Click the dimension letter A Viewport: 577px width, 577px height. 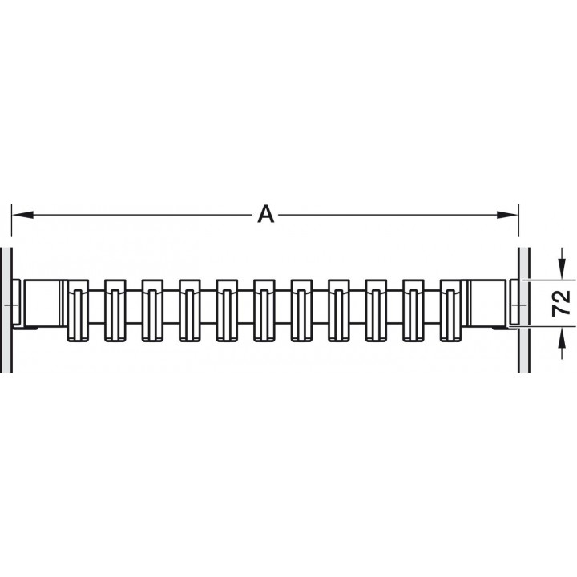coord(266,215)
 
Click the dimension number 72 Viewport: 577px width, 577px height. coord(561,303)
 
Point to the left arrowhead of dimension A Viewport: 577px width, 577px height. coord(22,215)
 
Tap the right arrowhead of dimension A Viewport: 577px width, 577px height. coord(507,215)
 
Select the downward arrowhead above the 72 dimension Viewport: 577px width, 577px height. coord(562,268)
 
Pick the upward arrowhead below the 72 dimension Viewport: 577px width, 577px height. coord(562,337)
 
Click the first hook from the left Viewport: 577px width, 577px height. coord(78,310)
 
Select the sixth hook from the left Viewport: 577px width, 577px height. coord(264,310)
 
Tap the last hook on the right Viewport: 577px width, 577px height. coord(450,310)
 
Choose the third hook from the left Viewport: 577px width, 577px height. coord(152,310)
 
